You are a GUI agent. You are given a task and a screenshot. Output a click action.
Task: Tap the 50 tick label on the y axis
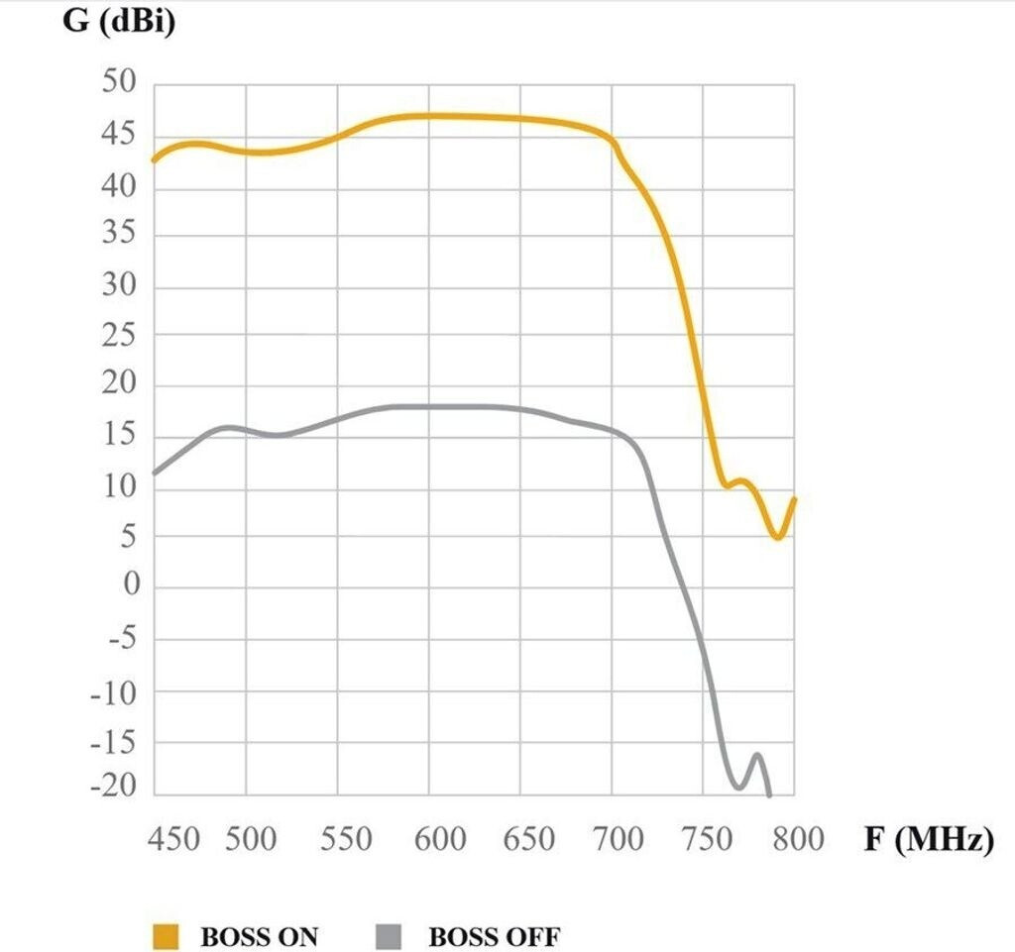[119, 83]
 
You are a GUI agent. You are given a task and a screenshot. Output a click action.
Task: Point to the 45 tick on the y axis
[119, 135]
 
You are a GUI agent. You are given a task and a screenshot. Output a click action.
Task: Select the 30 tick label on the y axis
[119, 287]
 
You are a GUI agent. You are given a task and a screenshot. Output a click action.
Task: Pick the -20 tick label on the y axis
[112, 789]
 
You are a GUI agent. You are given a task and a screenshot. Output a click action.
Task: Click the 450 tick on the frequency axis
[173, 840]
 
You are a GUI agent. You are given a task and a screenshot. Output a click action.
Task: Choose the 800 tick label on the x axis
[798, 840]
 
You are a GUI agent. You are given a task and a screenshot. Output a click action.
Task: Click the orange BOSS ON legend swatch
[166, 936]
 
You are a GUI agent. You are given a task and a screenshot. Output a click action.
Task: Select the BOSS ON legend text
[260, 936]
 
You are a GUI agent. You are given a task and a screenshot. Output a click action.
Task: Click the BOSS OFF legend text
[494, 936]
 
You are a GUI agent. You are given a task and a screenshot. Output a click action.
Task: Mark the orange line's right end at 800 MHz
[794, 499]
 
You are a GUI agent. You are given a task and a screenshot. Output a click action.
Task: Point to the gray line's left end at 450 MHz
[154, 473]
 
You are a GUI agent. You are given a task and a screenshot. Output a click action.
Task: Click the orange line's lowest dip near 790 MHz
[779, 536]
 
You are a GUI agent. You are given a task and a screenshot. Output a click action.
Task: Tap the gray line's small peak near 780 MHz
[757, 756]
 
